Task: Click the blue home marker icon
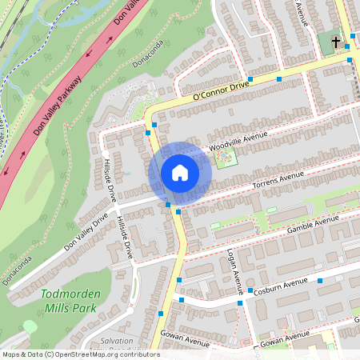tap(180, 173)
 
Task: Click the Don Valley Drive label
tap(85, 231)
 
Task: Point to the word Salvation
tap(118, 342)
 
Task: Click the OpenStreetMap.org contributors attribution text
tap(105, 354)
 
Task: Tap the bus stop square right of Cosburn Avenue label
tap(321, 281)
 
